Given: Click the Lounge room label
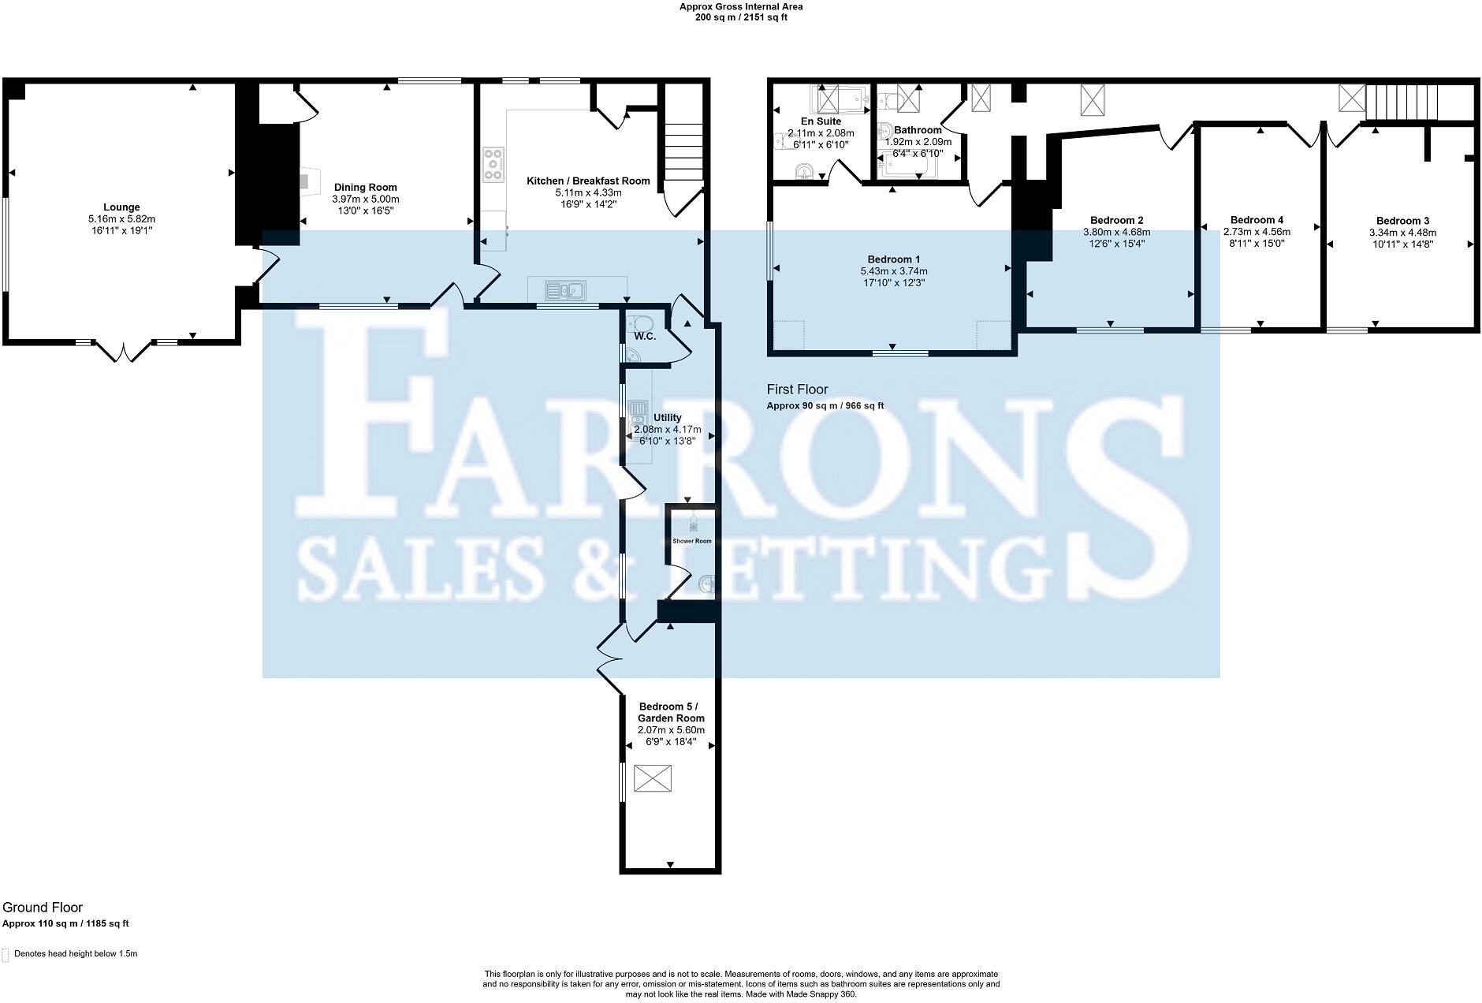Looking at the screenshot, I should tap(121, 207).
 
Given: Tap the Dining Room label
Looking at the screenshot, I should tap(365, 188).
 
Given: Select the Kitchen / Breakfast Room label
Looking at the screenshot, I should tap(588, 181).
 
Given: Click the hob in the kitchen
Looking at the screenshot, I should tap(494, 164).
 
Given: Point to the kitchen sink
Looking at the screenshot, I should tap(565, 290).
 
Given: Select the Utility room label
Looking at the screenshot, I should tap(667, 418).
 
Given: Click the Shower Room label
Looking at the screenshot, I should tap(691, 541).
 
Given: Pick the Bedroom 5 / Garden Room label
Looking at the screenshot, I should tap(671, 712).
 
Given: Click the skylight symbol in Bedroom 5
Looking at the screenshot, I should tap(651, 781).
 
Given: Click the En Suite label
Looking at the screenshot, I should tap(821, 121).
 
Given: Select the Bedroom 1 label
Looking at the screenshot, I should tap(893, 259).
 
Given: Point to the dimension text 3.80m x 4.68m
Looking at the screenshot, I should tap(1116, 233).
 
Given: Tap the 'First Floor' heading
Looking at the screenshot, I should tap(797, 390).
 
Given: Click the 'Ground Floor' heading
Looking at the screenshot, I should tap(43, 908).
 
